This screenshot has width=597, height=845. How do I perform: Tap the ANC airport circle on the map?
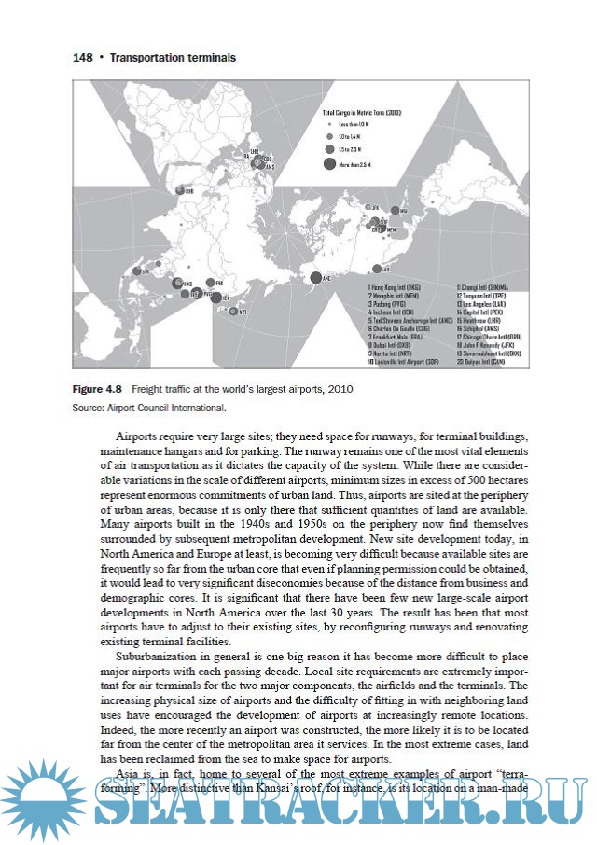tap(316, 277)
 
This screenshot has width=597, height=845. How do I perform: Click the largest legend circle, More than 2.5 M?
tap(329, 164)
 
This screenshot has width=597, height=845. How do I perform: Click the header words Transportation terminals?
tap(173, 58)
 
